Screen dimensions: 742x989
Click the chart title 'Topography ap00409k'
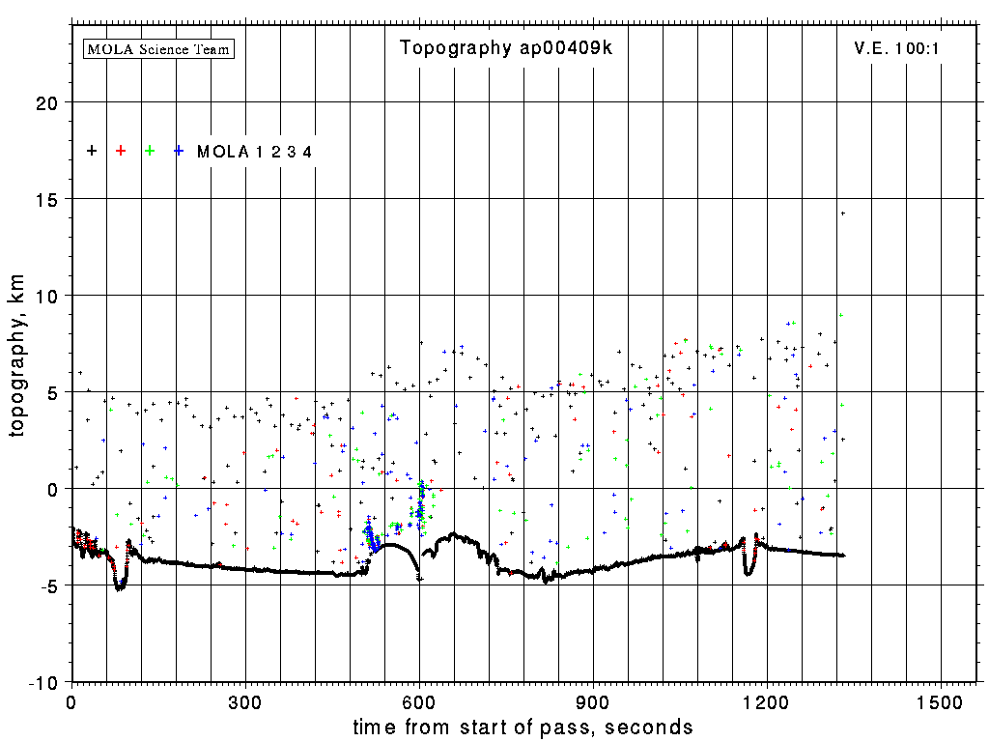(x=506, y=48)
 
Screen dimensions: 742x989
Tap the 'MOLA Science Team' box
(x=159, y=48)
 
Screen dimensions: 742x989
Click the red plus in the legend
(x=121, y=151)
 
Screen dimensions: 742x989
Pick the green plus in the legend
(x=150, y=151)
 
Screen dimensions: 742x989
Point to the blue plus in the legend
(x=179, y=151)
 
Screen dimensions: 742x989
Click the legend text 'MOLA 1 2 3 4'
(x=254, y=152)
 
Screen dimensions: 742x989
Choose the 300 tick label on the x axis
(x=245, y=702)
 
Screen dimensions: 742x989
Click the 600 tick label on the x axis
(x=419, y=702)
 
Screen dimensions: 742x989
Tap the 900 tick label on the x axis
(x=593, y=702)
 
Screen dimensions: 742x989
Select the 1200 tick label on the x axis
(x=767, y=702)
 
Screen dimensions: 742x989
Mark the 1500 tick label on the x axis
(x=941, y=702)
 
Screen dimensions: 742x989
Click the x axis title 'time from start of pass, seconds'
(x=523, y=727)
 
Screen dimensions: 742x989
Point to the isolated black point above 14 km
(x=842, y=214)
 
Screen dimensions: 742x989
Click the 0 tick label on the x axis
(x=71, y=702)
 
